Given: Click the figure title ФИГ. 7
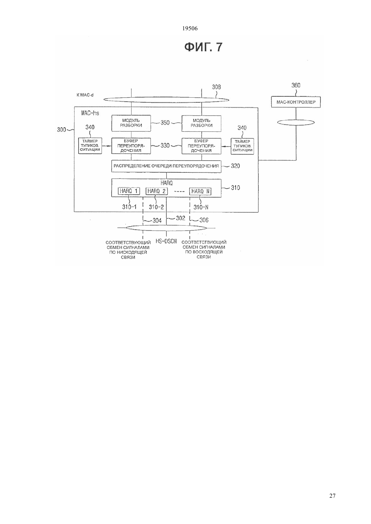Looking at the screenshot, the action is [203, 47].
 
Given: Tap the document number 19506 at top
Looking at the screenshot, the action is [190, 29].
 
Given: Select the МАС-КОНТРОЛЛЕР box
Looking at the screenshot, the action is [296, 102].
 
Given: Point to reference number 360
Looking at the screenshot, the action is [296, 86].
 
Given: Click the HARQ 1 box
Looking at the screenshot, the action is [129, 191].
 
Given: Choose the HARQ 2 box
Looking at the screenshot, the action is [157, 191].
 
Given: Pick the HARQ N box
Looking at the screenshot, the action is [200, 191].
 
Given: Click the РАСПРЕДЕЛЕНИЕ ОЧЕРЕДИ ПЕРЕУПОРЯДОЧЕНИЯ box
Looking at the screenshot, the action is [166, 166].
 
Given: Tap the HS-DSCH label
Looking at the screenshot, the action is [166, 241].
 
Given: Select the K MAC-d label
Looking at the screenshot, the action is [85, 95].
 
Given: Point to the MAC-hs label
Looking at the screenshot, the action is [90, 113].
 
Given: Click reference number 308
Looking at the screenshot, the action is [217, 87].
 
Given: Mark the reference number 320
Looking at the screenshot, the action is [235, 166].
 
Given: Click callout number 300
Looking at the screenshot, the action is [62, 129].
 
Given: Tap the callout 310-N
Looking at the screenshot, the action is [201, 207].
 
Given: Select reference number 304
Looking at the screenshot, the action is [157, 220].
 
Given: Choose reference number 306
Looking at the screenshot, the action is [204, 220].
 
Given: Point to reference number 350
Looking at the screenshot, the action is [165, 123].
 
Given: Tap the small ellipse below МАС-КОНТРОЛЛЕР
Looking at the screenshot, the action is [296, 122].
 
